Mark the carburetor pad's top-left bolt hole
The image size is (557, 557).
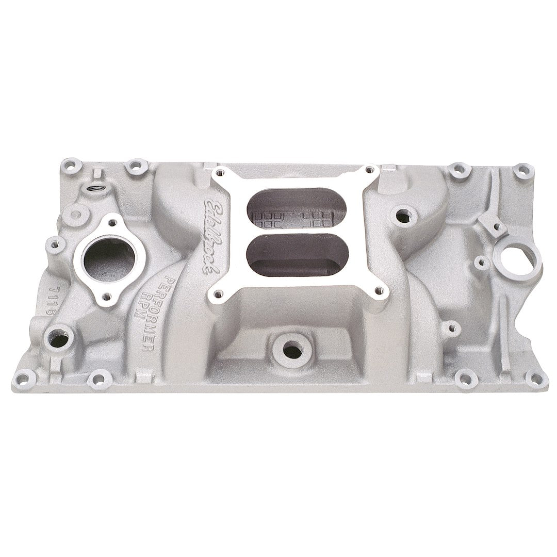[221, 173]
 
